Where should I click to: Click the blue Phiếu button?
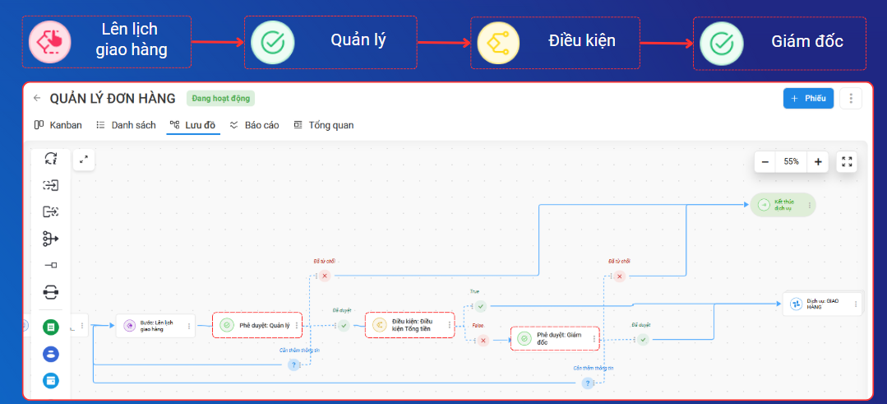[808, 99]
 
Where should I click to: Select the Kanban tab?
[58, 125]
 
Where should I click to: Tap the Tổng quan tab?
[324, 125]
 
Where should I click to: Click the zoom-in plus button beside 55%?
[818, 162]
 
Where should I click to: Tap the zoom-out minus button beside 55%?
[765, 162]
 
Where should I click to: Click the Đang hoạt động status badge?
[220, 99]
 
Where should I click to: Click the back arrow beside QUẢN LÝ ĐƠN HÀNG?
[37, 99]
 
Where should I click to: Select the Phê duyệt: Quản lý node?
[257, 326]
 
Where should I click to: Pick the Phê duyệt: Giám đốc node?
[555, 338]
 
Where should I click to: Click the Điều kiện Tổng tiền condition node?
[409, 325]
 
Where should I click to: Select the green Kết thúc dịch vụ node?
[782, 205]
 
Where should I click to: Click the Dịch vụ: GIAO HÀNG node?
[821, 304]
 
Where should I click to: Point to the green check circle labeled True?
[481, 307]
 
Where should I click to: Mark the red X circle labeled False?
[483, 340]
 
